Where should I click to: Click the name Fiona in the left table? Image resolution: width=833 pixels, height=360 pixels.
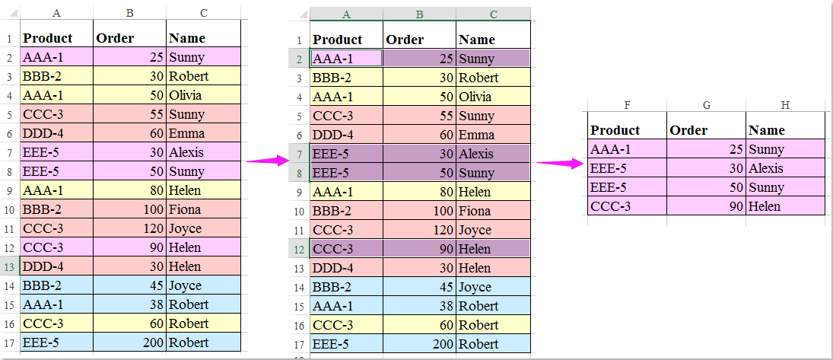(186, 209)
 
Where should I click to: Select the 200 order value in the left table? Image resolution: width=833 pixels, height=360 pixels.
(153, 342)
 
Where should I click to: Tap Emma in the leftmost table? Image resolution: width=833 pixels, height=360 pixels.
(186, 133)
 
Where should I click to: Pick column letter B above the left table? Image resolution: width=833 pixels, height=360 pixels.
(130, 13)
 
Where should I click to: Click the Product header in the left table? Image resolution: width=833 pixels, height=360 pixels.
(48, 38)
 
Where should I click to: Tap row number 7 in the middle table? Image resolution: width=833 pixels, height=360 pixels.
(298, 154)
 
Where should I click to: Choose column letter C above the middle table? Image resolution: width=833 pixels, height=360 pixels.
(494, 14)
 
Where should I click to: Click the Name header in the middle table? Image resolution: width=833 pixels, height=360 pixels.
(477, 40)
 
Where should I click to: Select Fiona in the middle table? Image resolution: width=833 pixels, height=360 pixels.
(475, 211)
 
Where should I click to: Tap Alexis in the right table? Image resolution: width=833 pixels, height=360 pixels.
(766, 168)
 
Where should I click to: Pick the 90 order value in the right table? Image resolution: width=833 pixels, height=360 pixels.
(733, 206)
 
